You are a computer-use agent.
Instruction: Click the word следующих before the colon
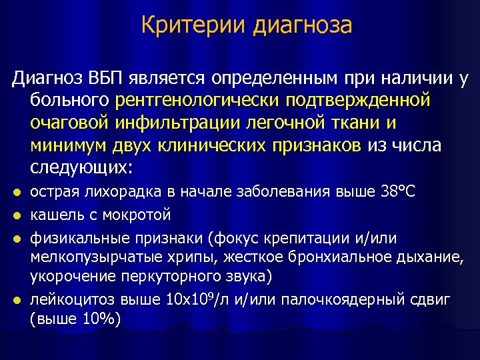point(79,166)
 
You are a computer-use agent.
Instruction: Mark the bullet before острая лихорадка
point(17,193)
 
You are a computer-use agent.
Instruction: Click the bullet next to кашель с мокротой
point(17,215)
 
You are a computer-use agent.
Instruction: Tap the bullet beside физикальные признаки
point(17,237)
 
